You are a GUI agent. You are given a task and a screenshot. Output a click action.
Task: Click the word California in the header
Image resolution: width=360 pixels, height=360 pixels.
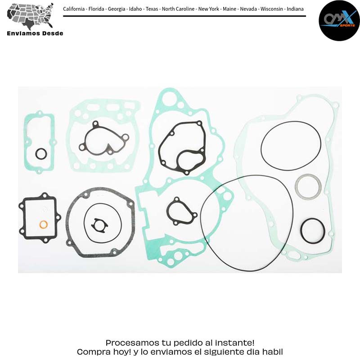pos(74,9)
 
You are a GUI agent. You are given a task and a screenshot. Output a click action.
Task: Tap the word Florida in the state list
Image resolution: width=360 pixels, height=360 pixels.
pos(96,9)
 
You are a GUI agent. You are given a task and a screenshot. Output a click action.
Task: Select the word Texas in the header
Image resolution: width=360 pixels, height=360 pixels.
pos(152,9)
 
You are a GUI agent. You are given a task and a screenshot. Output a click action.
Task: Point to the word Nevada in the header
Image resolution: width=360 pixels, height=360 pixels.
pos(248,9)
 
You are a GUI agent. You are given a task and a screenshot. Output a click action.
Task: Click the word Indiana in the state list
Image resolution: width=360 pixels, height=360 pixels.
pos(295,9)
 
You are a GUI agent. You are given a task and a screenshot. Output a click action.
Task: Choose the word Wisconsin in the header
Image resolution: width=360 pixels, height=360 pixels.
pos(272,9)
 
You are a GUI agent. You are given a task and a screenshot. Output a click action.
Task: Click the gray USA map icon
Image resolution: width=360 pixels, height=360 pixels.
pos(30,16)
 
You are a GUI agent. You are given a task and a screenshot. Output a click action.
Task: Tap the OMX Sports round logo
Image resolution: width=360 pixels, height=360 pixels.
pos(339,21)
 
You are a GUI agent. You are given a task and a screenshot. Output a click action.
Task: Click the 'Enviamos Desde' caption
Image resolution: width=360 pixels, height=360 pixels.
pos(35,33)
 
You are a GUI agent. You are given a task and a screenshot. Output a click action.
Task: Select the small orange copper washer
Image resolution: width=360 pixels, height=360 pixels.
pos(43,225)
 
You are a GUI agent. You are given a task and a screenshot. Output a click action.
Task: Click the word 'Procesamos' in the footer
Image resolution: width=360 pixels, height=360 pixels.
pos(132,343)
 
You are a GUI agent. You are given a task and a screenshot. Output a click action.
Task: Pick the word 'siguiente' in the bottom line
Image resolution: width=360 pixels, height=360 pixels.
pos(224,352)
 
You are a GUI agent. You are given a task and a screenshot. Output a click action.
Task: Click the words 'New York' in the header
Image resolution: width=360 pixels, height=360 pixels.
pos(208,9)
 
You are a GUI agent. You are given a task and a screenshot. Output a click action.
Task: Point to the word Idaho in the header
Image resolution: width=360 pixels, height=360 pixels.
pos(135,9)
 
